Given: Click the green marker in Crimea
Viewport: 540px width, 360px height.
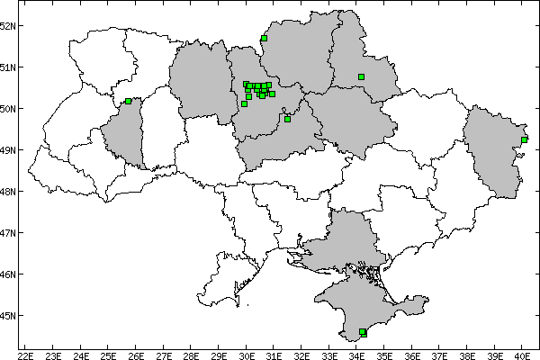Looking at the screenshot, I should coord(363,332).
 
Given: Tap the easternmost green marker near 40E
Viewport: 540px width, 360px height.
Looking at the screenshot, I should coord(524,139).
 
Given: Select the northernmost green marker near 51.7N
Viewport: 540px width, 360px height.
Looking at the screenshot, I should coord(264,39).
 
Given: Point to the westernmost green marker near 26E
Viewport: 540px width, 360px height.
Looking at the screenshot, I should coord(129,102).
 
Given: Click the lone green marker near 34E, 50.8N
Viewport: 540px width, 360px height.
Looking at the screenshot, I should coord(361,76).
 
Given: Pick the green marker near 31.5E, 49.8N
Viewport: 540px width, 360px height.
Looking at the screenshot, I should coord(287,119).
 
